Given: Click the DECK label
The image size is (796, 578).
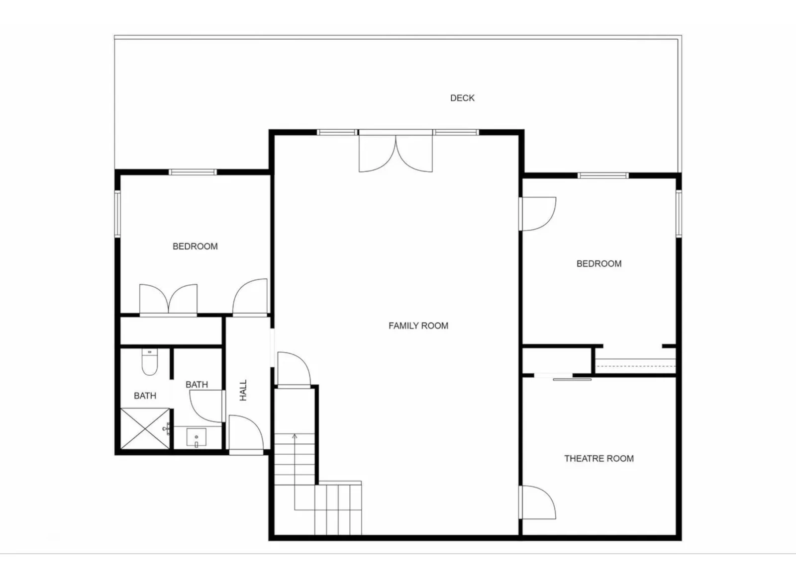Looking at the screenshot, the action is click(462, 98).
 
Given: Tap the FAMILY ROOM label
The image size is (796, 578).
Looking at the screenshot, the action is click(418, 326).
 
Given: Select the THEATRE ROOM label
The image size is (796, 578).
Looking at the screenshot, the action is click(599, 458).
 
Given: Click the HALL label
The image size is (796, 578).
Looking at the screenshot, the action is click(243, 390).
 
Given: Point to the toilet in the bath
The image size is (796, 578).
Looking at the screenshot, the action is click(150, 362).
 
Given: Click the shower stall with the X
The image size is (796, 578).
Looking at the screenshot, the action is click(145, 428).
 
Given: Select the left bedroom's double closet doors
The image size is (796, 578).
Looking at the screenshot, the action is click(168, 299).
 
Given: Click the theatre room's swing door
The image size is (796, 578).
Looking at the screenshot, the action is click(537, 502).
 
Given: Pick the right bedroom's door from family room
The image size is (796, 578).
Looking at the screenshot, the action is click(537, 214).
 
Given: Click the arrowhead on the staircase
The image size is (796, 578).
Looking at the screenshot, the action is click(294, 436).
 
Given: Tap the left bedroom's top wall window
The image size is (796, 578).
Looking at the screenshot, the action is click(193, 172).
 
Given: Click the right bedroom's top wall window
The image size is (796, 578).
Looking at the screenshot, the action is click(603, 175).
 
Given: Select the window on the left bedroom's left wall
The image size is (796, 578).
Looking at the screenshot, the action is click(117, 214).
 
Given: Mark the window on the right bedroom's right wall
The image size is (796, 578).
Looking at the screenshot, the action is click(679, 213).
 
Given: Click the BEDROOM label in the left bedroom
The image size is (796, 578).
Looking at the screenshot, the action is click(195, 247).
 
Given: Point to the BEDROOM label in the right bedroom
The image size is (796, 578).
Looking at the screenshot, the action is click(599, 264).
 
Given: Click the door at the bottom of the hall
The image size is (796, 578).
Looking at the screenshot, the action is click(246, 434).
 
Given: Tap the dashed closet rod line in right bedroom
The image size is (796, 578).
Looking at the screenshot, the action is click(635, 366).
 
